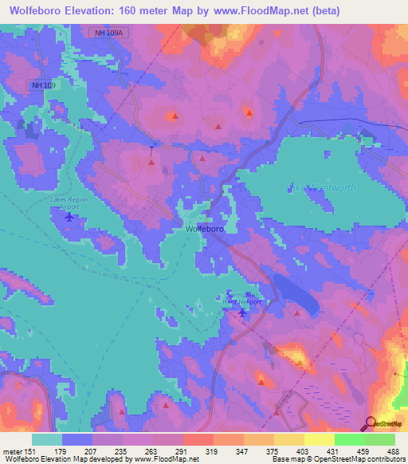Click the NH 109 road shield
(44, 85)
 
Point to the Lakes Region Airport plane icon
(69, 215)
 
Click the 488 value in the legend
(391, 451)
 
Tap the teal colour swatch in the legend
(46, 439)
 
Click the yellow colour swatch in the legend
(319, 439)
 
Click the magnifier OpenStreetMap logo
(370, 423)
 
